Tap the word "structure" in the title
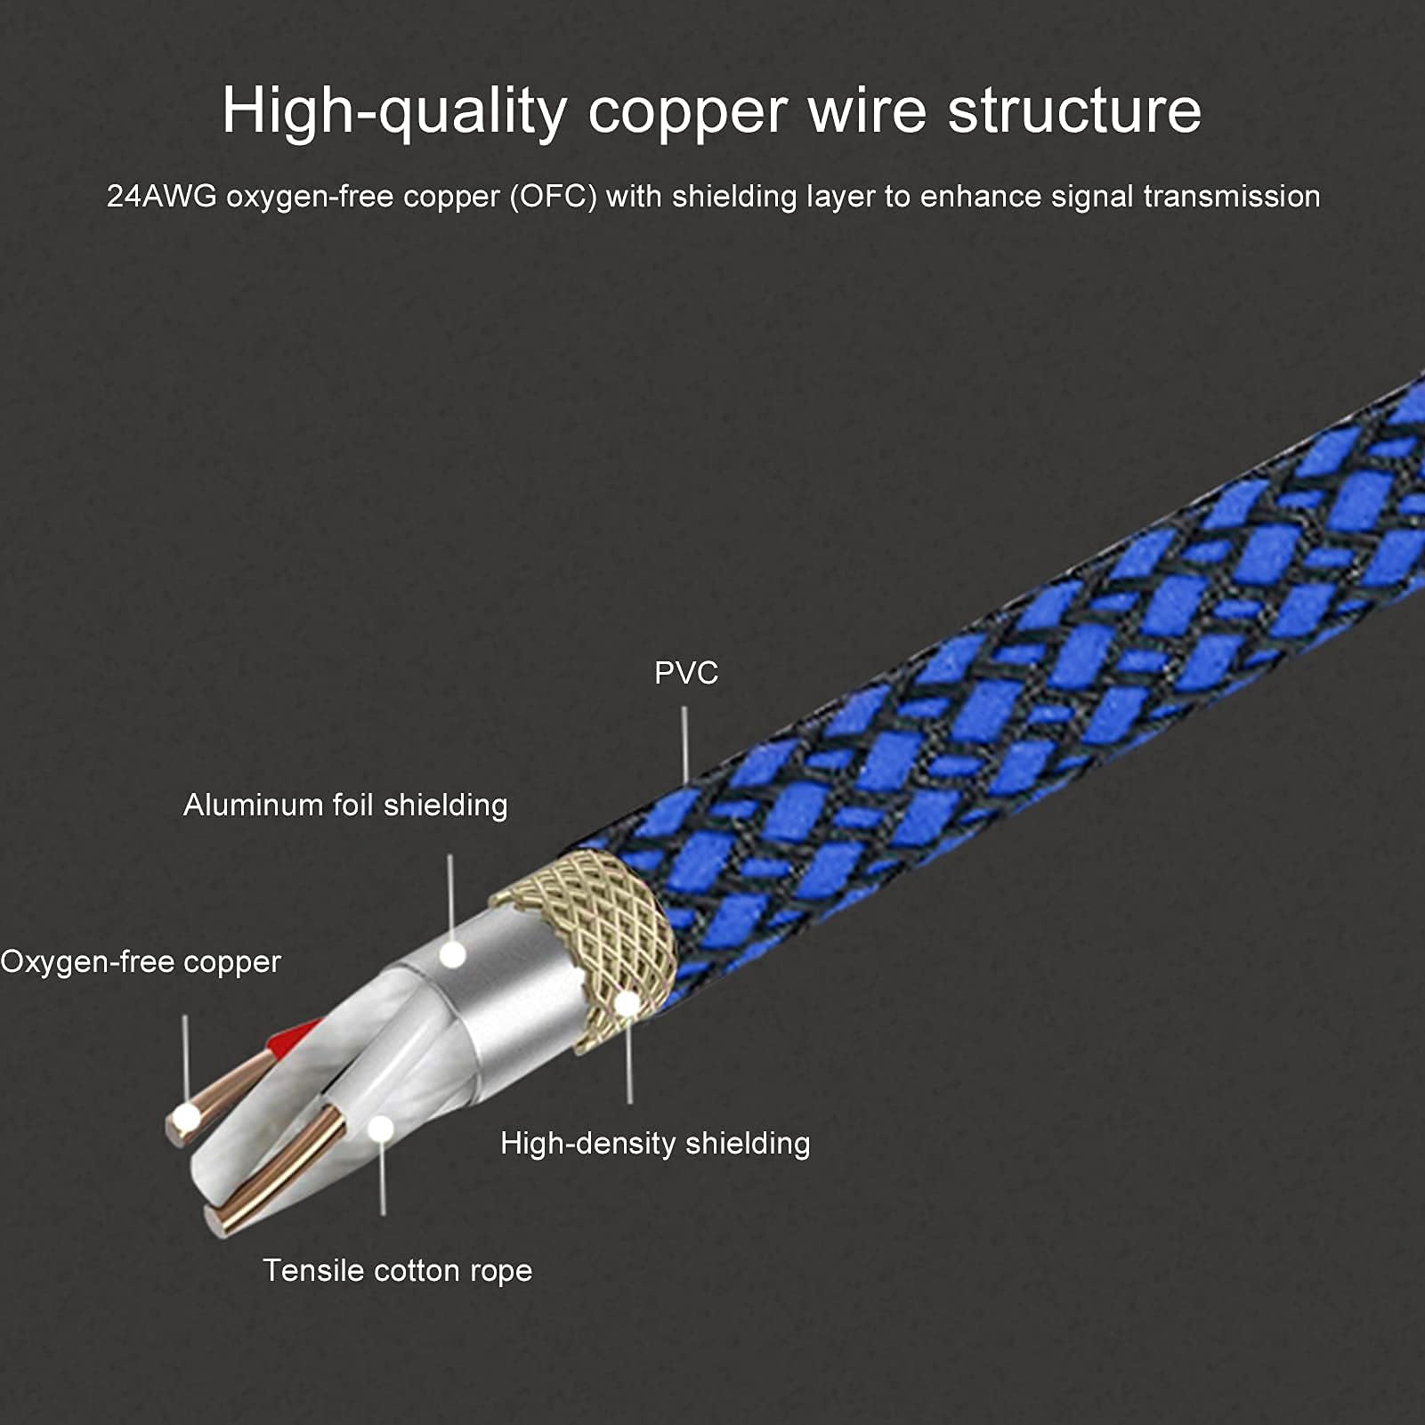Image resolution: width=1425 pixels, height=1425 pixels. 1074,111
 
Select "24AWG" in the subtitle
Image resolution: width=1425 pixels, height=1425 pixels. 162,196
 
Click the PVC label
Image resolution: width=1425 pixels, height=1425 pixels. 686,673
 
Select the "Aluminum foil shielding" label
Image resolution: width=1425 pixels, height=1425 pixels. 345,805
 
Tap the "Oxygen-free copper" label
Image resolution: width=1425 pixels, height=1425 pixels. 141,962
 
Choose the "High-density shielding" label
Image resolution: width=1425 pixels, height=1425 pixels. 655,1143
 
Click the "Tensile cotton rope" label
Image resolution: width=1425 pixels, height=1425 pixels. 397,1270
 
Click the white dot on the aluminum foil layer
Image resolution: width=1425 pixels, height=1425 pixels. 453,955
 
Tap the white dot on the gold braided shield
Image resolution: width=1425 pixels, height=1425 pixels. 627,1004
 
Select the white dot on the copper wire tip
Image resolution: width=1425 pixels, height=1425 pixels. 187,1118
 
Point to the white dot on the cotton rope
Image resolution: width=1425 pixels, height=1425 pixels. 381,1129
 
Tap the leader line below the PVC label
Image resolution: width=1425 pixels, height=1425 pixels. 684,745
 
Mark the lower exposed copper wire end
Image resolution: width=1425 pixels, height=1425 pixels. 276,1172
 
